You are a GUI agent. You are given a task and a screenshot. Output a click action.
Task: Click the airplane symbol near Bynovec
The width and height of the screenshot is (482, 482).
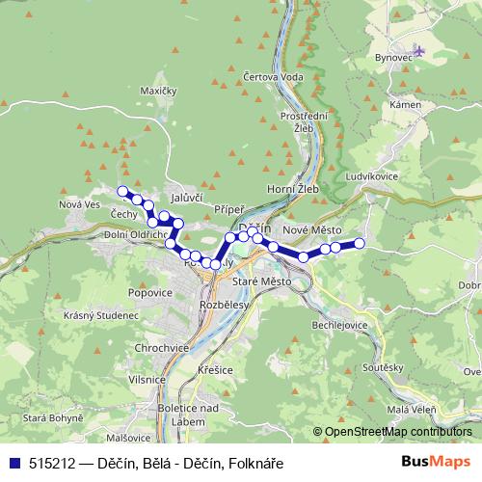tap(418, 49)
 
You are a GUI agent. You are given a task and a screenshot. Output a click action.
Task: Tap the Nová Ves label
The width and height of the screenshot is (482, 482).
tap(79, 203)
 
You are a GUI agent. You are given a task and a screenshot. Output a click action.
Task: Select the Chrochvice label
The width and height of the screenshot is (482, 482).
tap(159, 348)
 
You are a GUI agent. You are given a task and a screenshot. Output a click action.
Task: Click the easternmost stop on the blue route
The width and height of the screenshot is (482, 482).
tap(361, 243)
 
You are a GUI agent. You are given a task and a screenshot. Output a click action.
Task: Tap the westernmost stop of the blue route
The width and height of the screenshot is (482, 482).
tap(122, 191)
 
